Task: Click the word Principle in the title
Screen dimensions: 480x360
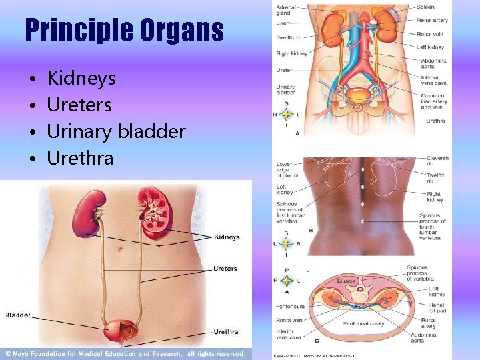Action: click(75, 31)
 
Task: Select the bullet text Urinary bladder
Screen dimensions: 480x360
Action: click(116, 131)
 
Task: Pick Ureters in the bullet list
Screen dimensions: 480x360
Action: click(79, 105)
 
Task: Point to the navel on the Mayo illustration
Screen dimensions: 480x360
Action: click(122, 251)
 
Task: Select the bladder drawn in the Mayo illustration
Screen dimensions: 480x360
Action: click(122, 329)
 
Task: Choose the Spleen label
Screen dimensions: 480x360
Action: click(425, 7)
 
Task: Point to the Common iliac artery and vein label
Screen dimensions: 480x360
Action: click(433, 101)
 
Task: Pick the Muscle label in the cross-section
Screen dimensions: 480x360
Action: click(347, 282)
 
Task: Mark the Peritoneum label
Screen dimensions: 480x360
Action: click(290, 307)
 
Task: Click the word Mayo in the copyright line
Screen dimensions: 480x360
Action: click(26, 353)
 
